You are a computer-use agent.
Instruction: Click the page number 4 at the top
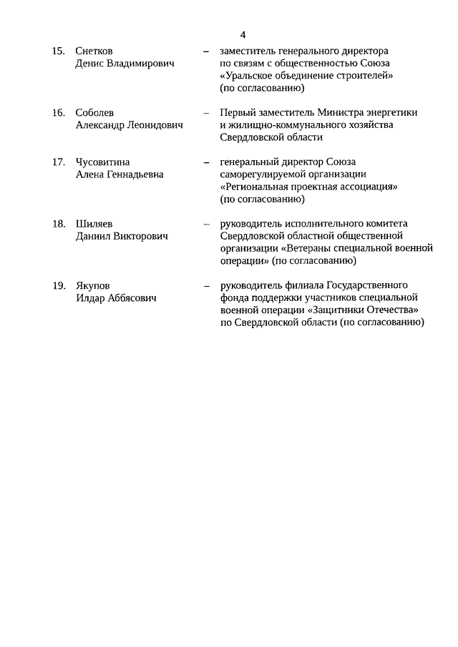243,34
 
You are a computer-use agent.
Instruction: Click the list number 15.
59,51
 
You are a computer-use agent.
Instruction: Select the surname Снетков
94,51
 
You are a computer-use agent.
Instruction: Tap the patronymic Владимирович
142,64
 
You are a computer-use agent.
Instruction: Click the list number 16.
59,113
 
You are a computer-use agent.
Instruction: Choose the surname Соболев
94,113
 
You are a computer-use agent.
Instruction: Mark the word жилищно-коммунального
281,125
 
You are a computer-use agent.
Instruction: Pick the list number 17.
59,162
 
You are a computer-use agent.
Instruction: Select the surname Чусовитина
102,162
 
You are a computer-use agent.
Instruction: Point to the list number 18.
59,224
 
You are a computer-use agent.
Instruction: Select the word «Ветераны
308,248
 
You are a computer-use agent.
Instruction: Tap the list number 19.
59,285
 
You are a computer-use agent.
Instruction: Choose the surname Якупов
93,285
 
